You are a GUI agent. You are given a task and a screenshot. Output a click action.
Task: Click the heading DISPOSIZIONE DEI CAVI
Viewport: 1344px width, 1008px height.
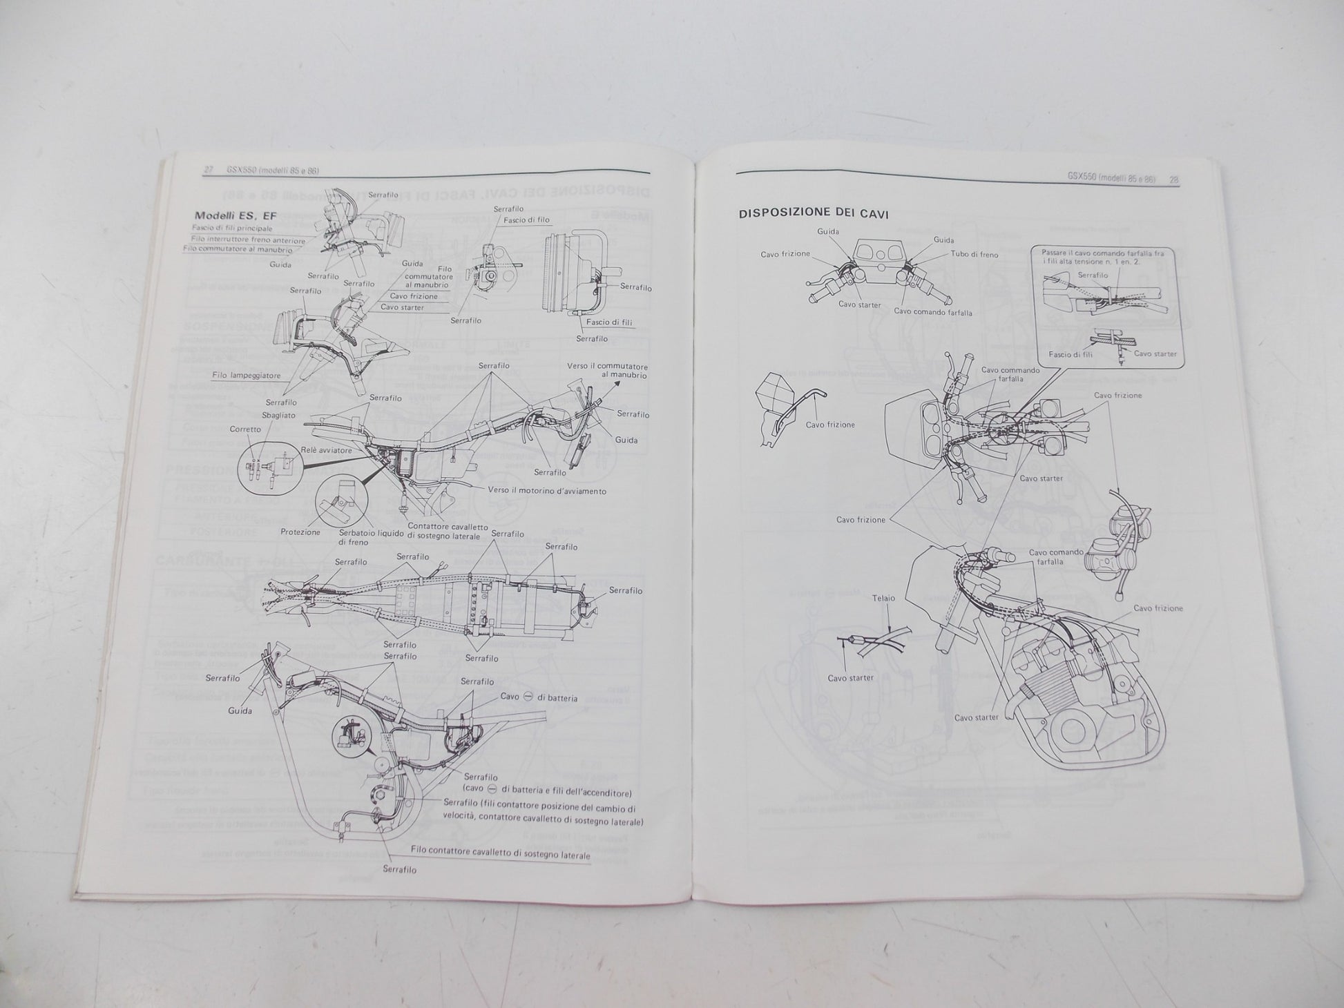click(814, 214)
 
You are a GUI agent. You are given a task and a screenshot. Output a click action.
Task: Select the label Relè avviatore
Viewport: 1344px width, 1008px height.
click(327, 450)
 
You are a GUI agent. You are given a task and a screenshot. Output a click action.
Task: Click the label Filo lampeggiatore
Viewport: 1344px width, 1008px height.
click(237, 376)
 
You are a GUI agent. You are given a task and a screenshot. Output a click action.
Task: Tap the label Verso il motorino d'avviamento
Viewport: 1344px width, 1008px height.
click(548, 491)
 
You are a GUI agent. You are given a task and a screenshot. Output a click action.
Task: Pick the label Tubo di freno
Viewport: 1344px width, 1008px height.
click(975, 255)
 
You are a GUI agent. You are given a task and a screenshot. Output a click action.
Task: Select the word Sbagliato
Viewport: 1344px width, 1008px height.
click(279, 415)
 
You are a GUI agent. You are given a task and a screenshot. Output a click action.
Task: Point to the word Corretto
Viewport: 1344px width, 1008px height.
click(245, 429)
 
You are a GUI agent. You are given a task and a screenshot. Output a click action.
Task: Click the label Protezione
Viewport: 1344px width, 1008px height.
click(300, 532)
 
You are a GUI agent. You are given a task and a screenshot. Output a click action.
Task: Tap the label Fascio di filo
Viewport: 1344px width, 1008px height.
click(527, 220)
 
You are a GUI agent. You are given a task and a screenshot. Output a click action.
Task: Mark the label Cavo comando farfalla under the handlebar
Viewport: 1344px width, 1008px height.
click(933, 312)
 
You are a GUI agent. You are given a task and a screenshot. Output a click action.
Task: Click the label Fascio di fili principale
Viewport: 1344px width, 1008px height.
click(232, 228)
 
